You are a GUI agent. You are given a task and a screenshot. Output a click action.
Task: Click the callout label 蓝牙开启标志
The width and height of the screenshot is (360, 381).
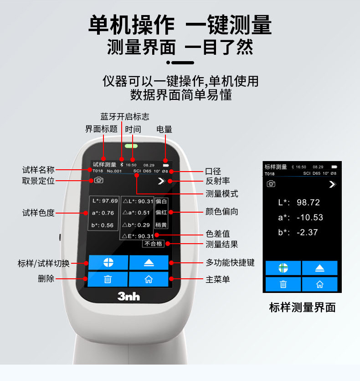click(x=124, y=117)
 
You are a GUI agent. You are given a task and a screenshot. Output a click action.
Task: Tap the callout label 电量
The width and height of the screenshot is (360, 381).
click(x=165, y=130)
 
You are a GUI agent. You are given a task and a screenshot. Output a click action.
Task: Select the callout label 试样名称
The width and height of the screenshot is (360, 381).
click(x=38, y=170)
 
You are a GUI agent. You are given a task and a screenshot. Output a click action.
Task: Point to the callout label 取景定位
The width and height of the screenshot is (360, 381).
click(x=38, y=181)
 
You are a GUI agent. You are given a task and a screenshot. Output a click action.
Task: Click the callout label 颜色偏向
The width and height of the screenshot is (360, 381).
click(x=222, y=212)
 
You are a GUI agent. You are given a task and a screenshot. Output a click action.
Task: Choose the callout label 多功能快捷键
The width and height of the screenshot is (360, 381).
click(x=230, y=263)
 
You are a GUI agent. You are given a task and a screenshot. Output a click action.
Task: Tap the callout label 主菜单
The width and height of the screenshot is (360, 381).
click(x=218, y=279)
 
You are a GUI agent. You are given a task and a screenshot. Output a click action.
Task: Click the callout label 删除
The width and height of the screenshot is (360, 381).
click(x=46, y=279)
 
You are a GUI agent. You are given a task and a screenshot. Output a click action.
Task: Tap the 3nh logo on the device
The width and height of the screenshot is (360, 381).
click(x=129, y=297)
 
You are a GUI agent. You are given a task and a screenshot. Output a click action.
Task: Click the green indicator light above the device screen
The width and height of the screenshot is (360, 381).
click(x=131, y=148)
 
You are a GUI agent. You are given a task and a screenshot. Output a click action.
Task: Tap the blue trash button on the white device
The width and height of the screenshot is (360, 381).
click(x=108, y=279)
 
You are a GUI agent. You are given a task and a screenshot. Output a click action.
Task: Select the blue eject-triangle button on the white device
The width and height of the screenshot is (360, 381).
click(x=149, y=263)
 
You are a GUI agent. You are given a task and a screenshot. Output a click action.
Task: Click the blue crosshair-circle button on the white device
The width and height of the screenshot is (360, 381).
click(x=108, y=263)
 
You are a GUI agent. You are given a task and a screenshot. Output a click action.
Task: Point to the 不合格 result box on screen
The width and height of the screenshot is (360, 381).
click(x=153, y=244)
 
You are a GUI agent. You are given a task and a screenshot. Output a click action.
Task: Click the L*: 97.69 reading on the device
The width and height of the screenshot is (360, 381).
click(x=103, y=201)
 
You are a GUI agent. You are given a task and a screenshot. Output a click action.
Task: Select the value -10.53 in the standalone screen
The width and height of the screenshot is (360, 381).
click(x=309, y=217)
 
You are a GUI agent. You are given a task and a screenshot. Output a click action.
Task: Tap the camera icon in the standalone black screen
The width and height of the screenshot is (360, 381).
click(x=271, y=183)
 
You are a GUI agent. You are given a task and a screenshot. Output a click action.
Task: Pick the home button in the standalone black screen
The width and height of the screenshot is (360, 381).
click(x=319, y=284)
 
